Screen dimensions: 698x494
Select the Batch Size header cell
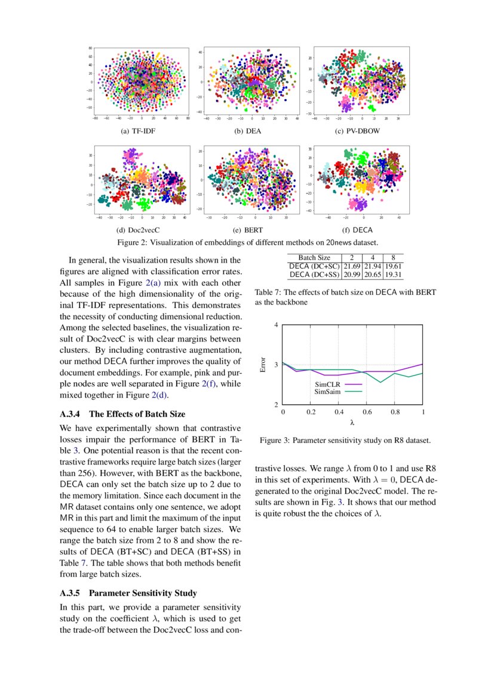314,257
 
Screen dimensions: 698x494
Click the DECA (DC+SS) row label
314,274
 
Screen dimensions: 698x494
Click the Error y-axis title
263,365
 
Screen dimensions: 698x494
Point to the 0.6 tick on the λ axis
366,412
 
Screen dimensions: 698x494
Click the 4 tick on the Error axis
275,325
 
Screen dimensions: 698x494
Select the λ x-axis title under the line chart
352,422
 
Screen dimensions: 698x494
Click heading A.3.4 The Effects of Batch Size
122,414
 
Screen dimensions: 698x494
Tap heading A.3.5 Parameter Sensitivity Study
128,594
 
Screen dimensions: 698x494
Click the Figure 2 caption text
247,242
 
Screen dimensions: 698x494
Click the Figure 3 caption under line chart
345,441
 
